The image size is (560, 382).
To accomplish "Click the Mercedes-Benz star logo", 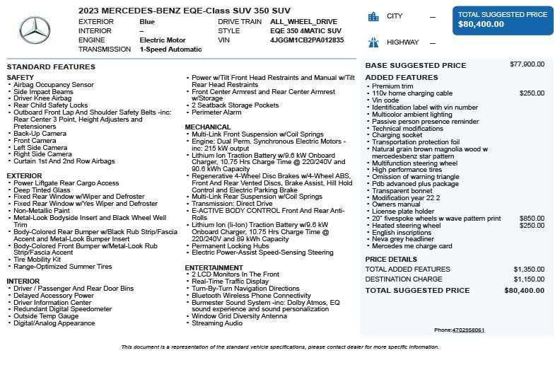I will pos(35,30).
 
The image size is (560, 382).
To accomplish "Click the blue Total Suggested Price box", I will pos(503,20).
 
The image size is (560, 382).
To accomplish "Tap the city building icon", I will pos(373,17).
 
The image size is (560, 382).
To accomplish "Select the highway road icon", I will pos(373,42).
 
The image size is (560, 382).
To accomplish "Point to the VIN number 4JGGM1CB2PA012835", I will pos(307,40).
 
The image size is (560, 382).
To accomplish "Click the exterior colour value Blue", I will pos(147,22).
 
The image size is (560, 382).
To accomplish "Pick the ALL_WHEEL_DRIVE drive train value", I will pos(303,22).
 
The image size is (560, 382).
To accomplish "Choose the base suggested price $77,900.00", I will pos(527,64).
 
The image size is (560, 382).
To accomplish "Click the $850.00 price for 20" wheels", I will pos(532,219).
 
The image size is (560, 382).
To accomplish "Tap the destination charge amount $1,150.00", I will pos(529,279).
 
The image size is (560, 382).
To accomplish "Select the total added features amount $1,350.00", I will pos(529,270).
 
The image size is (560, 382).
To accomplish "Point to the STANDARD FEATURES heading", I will pos(51,67).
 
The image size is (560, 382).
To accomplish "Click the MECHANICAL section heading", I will pos(208,127).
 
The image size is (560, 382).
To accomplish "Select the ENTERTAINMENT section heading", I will pos(214,268).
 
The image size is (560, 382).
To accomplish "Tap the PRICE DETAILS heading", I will pos(391,260).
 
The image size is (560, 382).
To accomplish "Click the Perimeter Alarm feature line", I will pos(216,112).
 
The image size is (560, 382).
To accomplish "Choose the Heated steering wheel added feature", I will pos(406,226).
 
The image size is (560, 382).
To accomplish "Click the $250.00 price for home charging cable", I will pos(532,93).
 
